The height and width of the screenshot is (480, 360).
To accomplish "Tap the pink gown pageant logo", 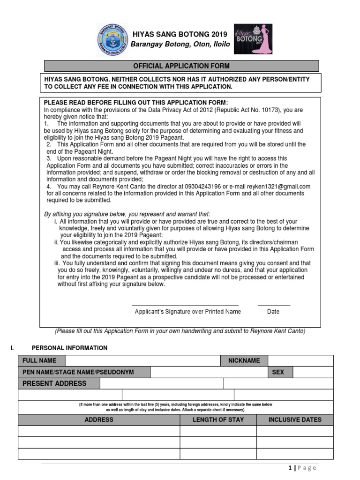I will point(253,38).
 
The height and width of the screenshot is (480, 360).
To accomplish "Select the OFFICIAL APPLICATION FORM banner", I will point(181,66).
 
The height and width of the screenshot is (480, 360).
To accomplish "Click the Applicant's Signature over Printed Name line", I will point(185,306).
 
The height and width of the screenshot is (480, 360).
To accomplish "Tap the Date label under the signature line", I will point(273,312).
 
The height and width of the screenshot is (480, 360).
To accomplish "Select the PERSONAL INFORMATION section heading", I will point(69,348).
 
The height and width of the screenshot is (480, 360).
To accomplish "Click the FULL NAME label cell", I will point(42,360).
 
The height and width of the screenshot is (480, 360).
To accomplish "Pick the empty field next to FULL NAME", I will point(143,360).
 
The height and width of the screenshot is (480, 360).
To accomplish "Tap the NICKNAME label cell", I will point(244,360).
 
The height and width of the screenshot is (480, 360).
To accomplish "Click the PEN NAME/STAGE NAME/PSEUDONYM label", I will point(84,372).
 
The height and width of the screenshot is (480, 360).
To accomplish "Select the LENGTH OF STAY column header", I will point(218,420).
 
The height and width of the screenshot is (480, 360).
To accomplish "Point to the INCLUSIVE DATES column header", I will point(295,420).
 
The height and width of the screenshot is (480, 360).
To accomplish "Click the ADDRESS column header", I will point(99,420).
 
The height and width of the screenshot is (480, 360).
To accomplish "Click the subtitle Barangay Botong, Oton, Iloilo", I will point(180,45).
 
